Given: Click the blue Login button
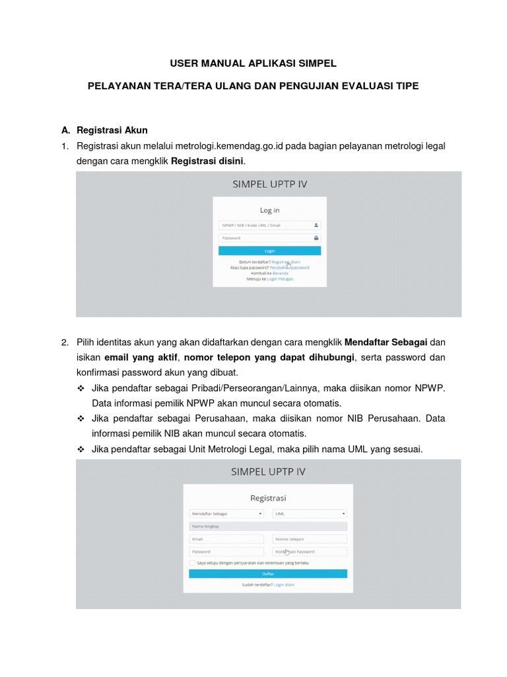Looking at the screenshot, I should coord(269,251).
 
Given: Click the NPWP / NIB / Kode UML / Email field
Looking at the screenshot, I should coord(264,225).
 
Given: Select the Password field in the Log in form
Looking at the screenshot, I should coord(264,238).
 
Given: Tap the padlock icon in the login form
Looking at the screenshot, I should coord(316,238).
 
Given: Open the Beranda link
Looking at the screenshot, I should coord(281,273).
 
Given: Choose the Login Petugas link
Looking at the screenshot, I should coord(280,279).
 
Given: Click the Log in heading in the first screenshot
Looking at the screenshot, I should coord(269,210).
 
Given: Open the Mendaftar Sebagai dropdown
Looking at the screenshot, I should coord(226,513).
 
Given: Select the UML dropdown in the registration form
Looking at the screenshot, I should coord(310,513).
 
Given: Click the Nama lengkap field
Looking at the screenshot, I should coord(267,526).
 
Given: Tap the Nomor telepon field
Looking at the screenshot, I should coord(310,539).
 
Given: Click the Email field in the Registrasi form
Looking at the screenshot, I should coord(226,539).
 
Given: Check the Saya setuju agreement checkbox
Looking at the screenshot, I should coord(192,563).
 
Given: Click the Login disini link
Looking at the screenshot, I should coord(285,585).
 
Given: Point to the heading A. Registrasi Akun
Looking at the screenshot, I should coord(112,130).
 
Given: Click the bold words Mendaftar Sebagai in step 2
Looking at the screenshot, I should coord(386,342).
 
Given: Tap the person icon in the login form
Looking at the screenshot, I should coord(316,225).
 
